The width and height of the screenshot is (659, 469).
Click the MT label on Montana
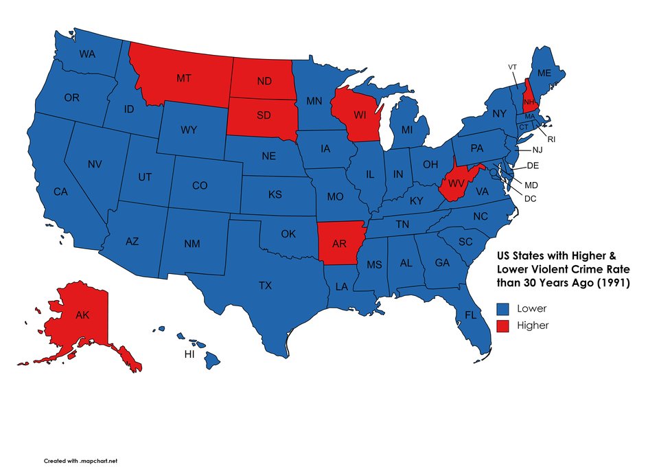coord(183,78)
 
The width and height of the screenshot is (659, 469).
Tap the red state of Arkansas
coord(338,244)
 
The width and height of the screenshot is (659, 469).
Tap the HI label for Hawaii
coord(189,355)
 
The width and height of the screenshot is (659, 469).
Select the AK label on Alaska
coord(82,315)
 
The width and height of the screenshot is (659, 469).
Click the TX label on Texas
coord(265,285)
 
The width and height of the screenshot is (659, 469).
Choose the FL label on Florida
coord(470,315)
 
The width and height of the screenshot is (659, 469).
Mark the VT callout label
coord(512,67)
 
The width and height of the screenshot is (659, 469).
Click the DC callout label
coord(530,198)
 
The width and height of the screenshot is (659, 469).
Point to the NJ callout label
coord(537,150)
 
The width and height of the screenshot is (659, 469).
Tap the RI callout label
coord(551,139)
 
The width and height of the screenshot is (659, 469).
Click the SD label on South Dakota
coord(264,115)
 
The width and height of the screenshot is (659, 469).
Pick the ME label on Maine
coord(544,73)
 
